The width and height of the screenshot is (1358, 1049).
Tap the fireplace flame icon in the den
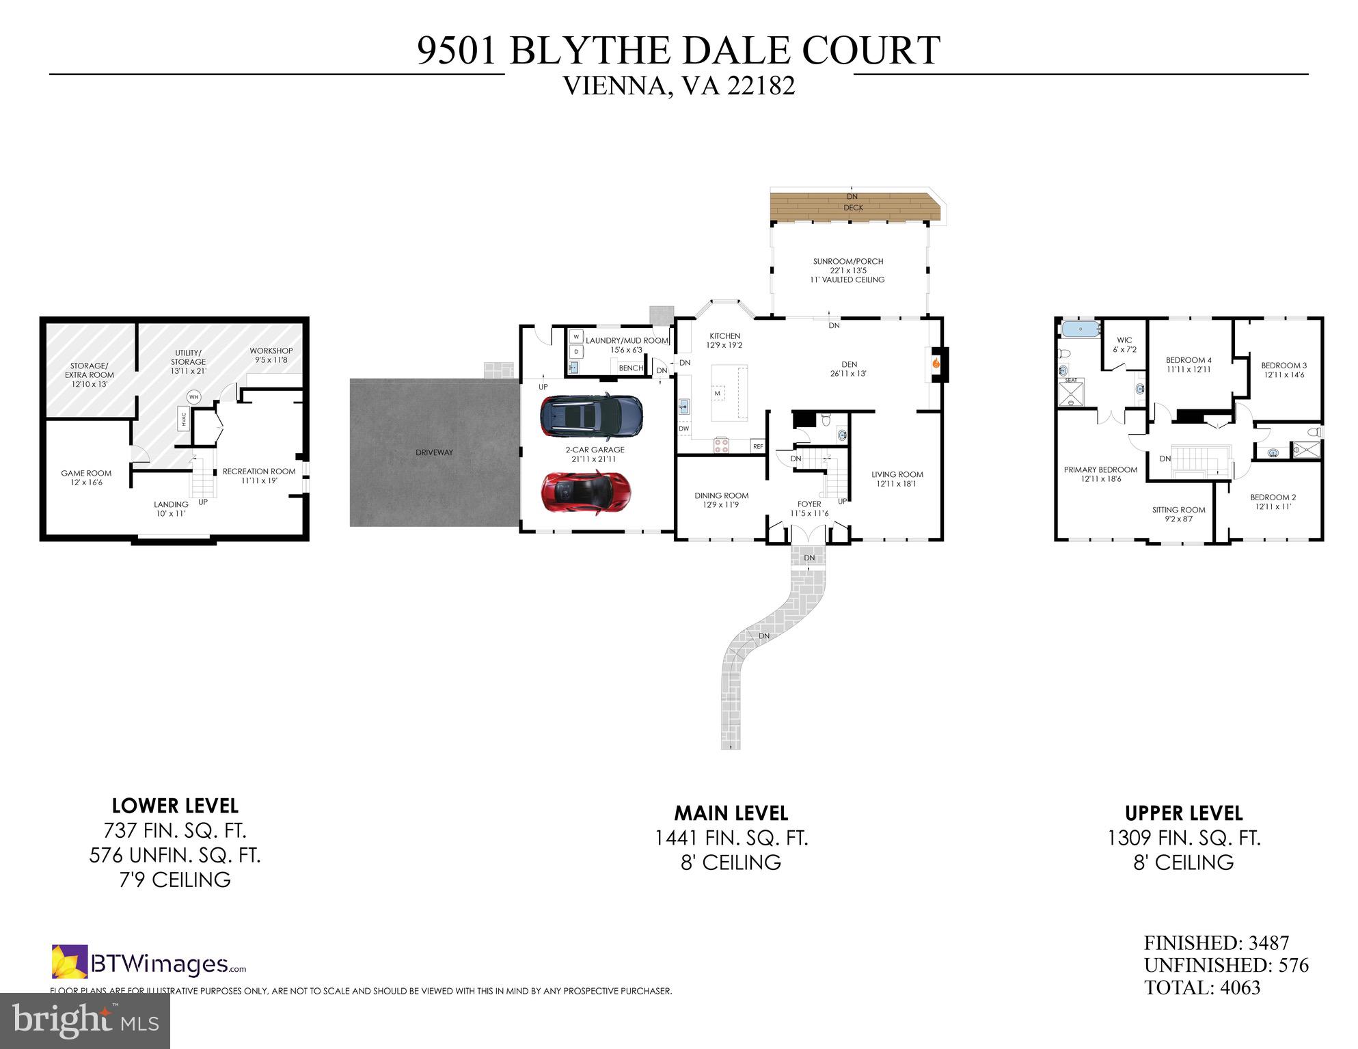[936, 364]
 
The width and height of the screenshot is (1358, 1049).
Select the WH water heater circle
[193, 397]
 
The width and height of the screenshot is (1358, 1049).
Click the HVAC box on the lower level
[183, 419]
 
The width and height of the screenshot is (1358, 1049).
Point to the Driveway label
[434, 452]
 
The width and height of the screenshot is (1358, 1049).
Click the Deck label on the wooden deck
[853, 208]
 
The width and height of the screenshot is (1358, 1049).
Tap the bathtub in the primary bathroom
[1081, 329]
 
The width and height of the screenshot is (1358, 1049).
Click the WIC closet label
[1124, 340]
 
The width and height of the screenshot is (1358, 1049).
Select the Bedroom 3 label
[1284, 366]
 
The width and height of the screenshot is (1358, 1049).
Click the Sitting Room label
[1178, 510]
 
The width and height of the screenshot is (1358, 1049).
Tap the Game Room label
[86, 473]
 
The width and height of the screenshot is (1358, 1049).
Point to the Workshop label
[271, 351]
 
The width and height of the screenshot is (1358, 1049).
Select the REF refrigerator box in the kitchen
[757, 446]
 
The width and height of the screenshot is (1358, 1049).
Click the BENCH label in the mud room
[631, 368]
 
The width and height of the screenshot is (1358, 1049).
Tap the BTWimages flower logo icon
[70, 962]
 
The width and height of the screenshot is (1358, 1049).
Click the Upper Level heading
[1184, 813]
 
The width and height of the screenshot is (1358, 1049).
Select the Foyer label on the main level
[809, 504]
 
